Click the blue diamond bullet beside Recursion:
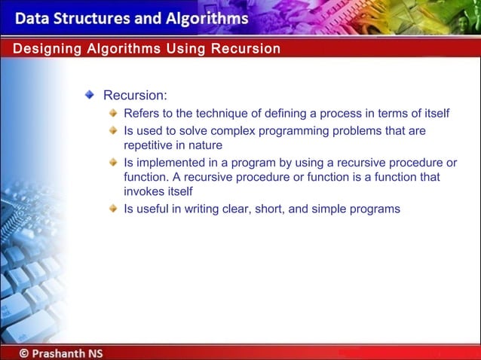90,96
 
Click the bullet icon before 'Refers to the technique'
112,114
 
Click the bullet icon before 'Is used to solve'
112,131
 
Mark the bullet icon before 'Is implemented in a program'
112,163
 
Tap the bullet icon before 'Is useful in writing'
112,209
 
